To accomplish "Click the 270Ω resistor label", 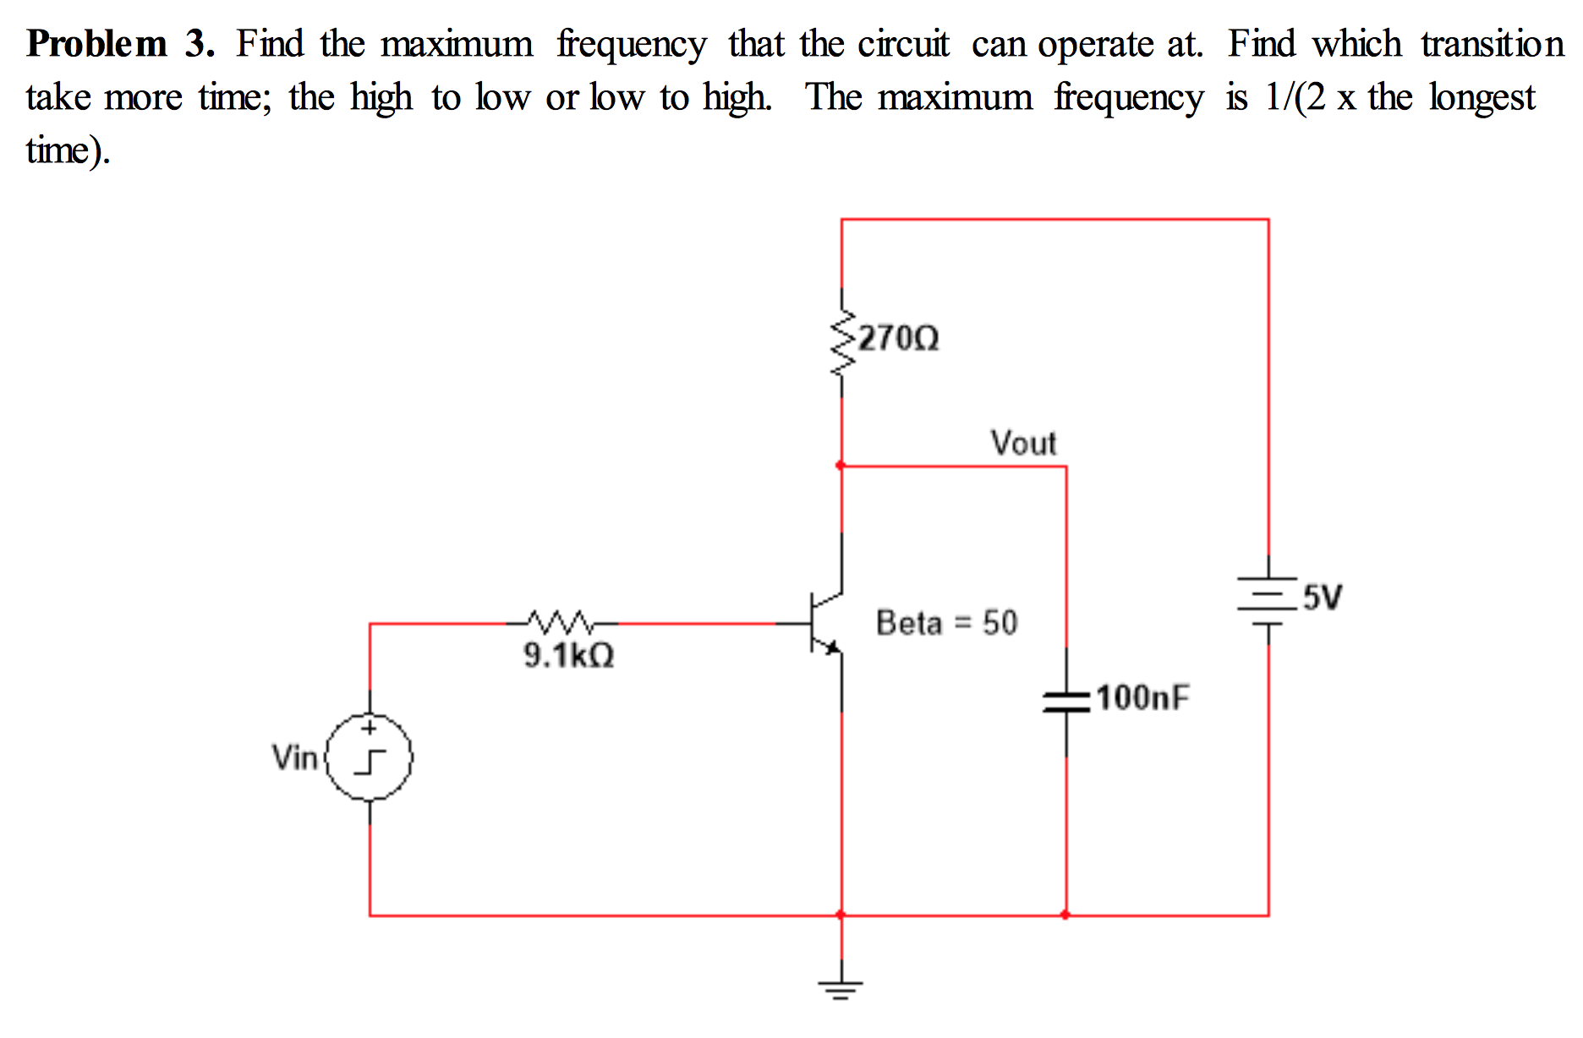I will (898, 338).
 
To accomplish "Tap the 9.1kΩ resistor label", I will (568, 655).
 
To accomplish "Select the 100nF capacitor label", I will (1142, 697).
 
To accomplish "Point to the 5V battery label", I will (1322, 597).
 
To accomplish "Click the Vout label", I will (1023, 443).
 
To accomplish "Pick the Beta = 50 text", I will (946, 623).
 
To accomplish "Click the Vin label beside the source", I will (294, 757).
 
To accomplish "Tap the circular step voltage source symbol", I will (370, 757).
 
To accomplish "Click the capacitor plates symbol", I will (1065, 701).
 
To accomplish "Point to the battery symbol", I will (1268, 600).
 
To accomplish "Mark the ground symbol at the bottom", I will (841, 987).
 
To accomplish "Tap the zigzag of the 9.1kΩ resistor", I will (561, 623).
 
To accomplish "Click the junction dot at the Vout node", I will (841, 466).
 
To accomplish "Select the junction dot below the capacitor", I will (1065, 915).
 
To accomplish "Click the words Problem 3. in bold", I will (120, 44).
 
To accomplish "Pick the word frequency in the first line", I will (631, 46).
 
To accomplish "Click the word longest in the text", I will (1482, 98).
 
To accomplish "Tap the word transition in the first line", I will (1492, 44).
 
